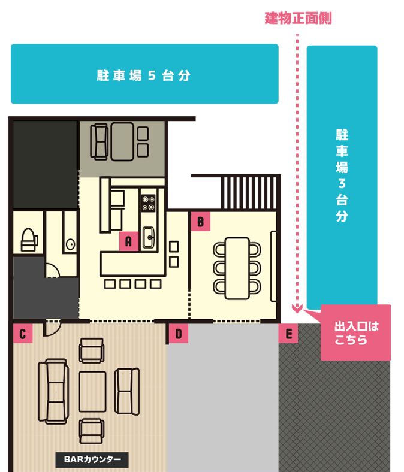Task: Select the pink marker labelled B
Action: click(x=200, y=221)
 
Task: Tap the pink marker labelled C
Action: click(x=22, y=334)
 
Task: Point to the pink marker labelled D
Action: click(x=178, y=334)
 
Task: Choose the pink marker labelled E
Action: click(x=288, y=334)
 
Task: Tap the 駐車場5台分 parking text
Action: click(x=143, y=76)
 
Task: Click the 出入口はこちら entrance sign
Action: click(x=356, y=334)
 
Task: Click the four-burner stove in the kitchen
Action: click(x=148, y=201)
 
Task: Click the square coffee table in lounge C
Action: click(x=92, y=391)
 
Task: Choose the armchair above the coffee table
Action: click(x=92, y=350)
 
